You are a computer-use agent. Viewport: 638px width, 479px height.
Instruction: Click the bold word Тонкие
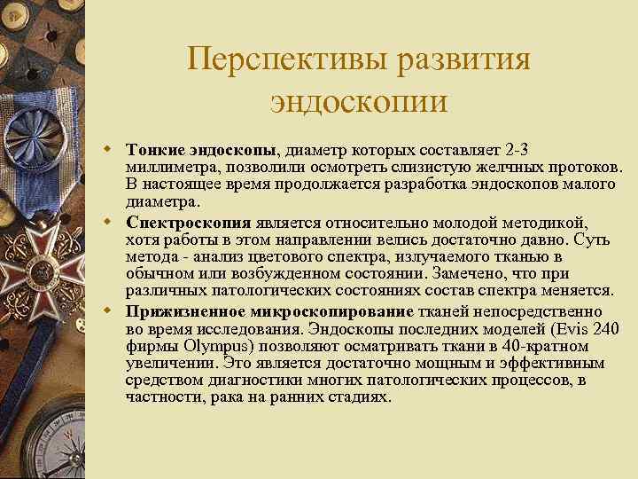tap(156, 148)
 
